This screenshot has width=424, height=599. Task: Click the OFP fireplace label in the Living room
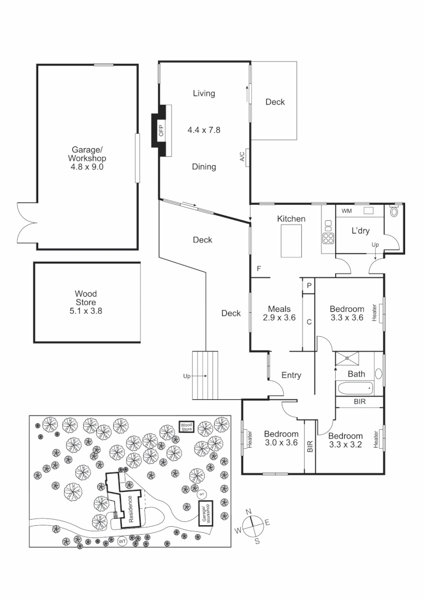[162, 131]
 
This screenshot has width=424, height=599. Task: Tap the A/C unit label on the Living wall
[243, 158]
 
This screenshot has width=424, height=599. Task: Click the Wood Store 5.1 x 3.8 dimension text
[86, 311]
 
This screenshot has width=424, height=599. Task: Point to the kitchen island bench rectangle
[291, 242]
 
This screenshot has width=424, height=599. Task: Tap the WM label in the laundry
[346, 211]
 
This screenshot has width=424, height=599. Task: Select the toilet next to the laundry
[395, 211]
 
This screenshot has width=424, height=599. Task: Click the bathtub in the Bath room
[355, 388]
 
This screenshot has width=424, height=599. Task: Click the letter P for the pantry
[308, 286]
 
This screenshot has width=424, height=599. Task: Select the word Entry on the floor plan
[291, 375]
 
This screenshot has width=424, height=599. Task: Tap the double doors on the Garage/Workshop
[26, 222]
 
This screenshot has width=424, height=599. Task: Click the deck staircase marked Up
[206, 375]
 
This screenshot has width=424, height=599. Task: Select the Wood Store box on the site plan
[186, 427]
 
